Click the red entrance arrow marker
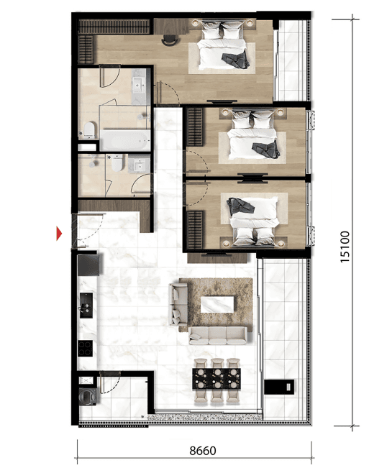click(x=59, y=233)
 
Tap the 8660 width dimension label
click(x=203, y=451)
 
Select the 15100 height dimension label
click(x=345, y=247)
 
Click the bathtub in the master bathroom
click(x=125, y=140)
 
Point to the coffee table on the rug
click(x=217, y=304)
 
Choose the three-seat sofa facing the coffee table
click(x=218, y=336)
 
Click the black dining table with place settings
click(x=217, y=379)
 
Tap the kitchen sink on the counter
click(x=86, y=305)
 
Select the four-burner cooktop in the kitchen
click(x=85, y=349)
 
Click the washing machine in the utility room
click(x=88, y=395)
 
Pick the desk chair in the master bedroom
click(x=169, y=40)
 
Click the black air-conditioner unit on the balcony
click(x=279, y=387)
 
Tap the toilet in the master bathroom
click(x=89, y=130)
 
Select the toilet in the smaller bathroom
click(x=117, y=162)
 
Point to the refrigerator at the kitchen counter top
click(x=88, y=265)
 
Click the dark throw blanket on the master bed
click(x=236, y=60)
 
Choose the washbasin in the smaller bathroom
click(x=139, y=165)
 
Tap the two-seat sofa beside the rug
click(x=178, y=304)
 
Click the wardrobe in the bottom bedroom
click(x=195, y=230)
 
